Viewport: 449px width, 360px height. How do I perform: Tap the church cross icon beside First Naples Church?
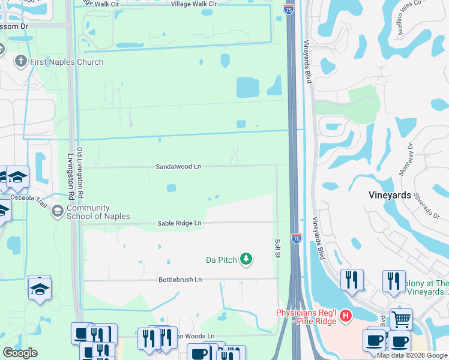[21, 61]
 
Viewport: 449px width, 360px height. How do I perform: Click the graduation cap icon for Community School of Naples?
[58, 211]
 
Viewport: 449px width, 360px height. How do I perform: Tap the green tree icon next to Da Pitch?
[246, 259]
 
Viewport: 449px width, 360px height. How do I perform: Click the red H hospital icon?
[345, 315]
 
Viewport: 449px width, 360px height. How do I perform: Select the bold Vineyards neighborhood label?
[389, 196]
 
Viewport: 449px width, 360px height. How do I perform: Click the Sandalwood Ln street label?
[178, 166]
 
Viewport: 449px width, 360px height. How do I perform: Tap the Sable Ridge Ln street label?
[179, 223]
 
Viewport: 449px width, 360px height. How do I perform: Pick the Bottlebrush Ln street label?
[180, 280]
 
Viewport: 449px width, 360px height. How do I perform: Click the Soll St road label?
[277, 246]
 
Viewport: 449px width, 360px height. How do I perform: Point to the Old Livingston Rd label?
[80, 173]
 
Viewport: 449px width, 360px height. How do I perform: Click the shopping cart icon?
[401, 319]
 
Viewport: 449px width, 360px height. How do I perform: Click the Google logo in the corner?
[20, 353]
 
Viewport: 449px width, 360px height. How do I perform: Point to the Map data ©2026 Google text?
[412, 355]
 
